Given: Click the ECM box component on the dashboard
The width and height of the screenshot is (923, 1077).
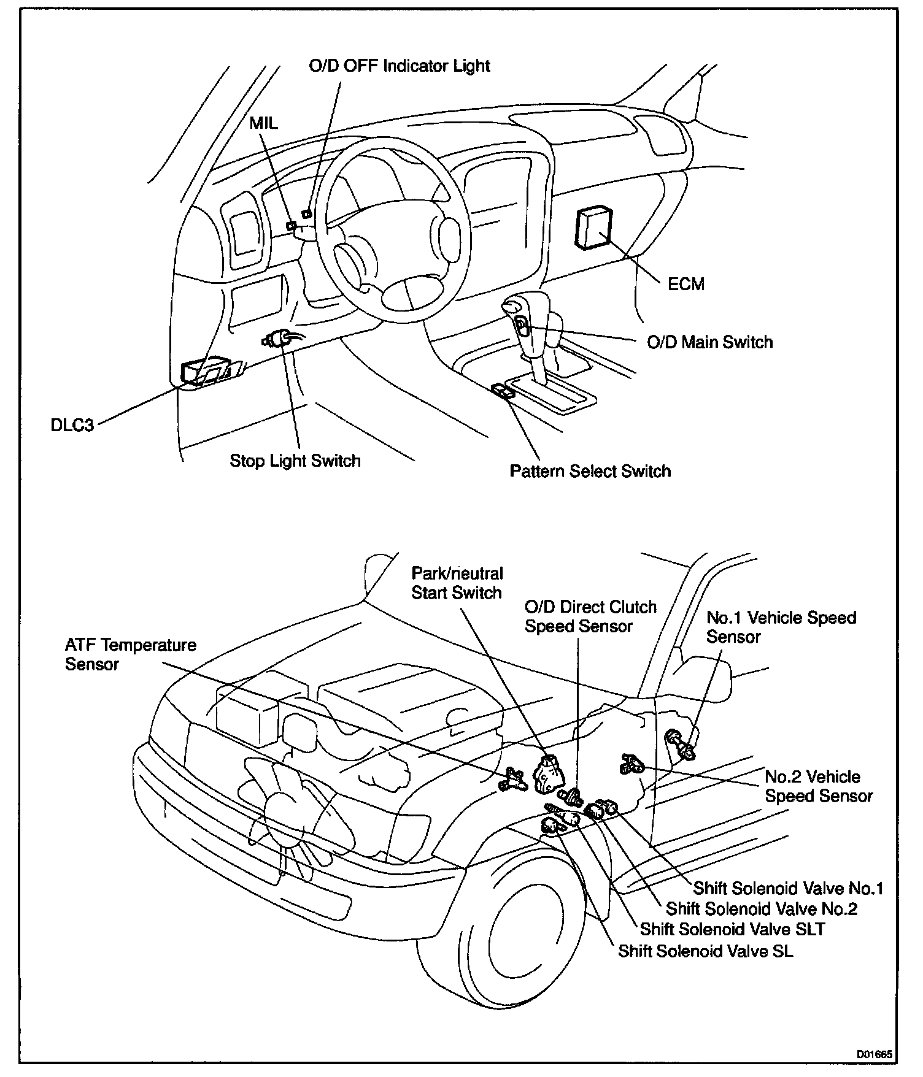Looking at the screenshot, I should pos(592,228).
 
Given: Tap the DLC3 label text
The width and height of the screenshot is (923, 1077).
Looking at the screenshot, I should pos(72,424).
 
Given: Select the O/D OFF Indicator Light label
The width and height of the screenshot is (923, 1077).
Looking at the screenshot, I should pos(400,66).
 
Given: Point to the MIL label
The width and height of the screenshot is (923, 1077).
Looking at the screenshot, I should pos(263,123).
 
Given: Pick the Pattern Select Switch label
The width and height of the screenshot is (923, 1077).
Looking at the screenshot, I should pos(590,471).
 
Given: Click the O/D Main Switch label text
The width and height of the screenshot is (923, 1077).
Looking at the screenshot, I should pos(709,342).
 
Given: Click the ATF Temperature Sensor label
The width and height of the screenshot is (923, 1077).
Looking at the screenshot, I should pos(131,654).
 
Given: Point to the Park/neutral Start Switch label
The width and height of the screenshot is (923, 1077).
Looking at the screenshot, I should pos(457,583).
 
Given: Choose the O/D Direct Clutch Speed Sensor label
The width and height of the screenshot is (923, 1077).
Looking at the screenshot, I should pos(590,616).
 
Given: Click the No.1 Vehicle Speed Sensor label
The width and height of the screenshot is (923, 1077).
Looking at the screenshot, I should pos(781,626).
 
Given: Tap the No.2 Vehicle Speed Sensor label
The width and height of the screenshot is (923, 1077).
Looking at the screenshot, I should pos(818,786).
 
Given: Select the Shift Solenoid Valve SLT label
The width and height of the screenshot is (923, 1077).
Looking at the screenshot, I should pos(732,929).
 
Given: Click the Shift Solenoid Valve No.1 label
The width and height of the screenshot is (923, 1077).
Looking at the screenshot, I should pos(788,888).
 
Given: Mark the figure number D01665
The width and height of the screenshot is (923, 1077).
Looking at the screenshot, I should pos(875,1056).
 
